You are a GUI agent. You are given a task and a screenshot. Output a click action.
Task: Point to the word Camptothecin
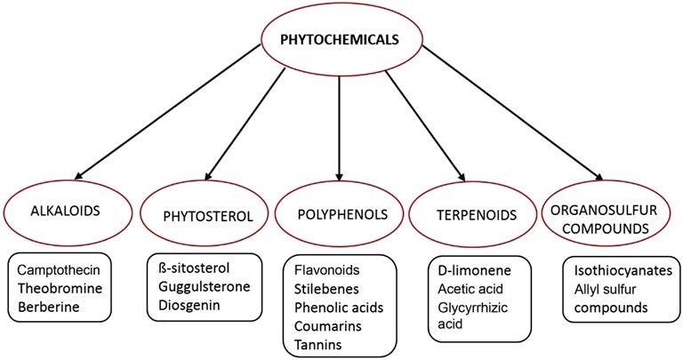[63, 268]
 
